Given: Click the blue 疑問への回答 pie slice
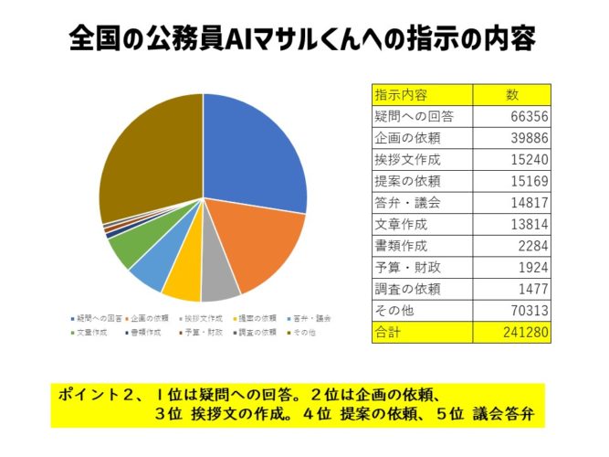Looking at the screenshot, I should click(251, 146).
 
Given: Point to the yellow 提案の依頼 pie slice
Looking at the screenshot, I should click(183, 283).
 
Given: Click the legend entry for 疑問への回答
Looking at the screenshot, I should click(100, 318).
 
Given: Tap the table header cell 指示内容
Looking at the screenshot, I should click(402, 94).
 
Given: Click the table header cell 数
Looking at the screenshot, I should click(512, 94).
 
